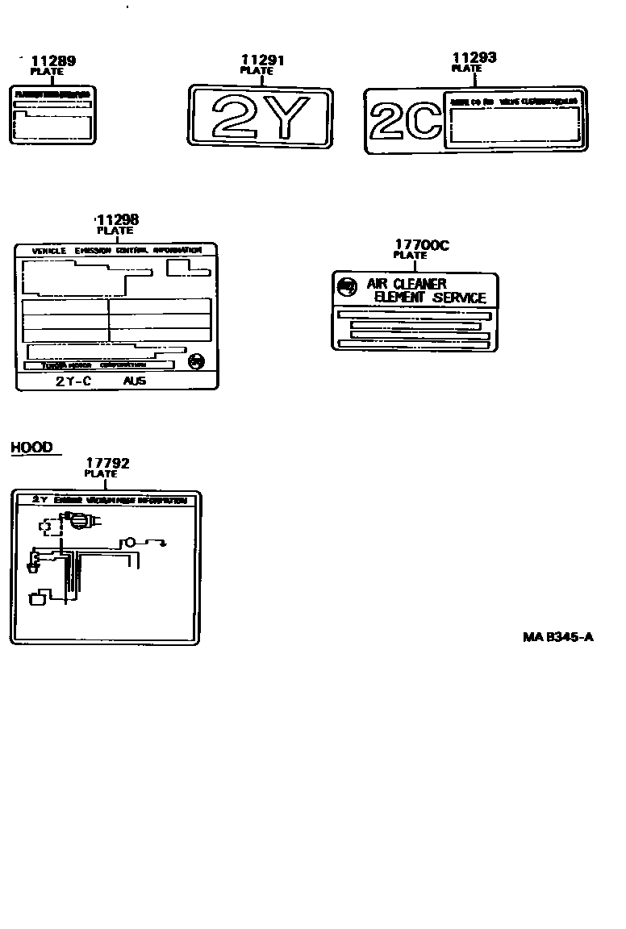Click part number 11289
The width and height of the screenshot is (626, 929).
(x=53, y=60)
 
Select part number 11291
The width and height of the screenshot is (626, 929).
(x=263, y=60)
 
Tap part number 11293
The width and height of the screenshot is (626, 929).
(x=474, y=57)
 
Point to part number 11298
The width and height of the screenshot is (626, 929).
(x=118, y=219)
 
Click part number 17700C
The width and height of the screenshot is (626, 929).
(x=421, y=245)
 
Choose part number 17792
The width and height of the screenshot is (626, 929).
(x=107, y=463)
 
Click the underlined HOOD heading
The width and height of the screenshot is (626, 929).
(x=31, y=448)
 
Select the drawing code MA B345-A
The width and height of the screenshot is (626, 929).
(x=557, y=637)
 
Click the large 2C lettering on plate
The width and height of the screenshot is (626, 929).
(x=405, y=122)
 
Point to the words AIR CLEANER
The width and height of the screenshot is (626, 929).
(x=406, y=284)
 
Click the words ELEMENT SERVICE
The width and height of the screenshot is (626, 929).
(x=430, y=298)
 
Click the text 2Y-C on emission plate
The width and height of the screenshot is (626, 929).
(x=73, y=381)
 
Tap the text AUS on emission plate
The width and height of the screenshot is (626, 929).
(x=135, y=381)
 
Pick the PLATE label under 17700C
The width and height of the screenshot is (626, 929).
(x=410, y=256)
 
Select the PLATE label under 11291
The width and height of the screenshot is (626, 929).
(x=257, y=71)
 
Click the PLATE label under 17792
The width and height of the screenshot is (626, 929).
(x=101, y=474)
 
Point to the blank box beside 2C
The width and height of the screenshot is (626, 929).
(x=514, y=127)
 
